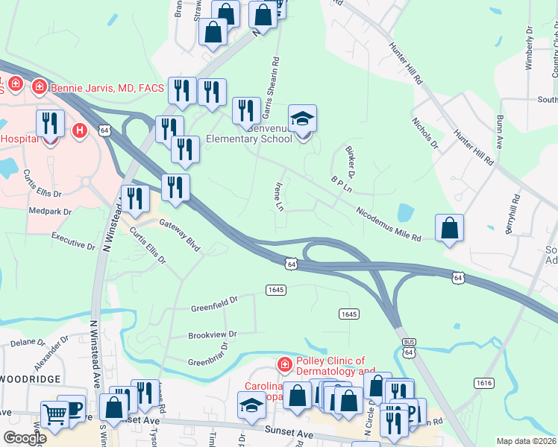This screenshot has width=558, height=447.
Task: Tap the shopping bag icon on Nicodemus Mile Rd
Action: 449,229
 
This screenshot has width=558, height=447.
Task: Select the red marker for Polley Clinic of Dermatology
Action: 283,364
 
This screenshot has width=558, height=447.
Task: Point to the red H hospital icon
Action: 80,130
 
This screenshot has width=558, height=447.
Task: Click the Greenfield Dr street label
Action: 213,301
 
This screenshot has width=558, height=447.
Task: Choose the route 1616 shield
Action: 483,382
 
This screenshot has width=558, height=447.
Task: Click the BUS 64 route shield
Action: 406,347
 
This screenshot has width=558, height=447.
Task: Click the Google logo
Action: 25,437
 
